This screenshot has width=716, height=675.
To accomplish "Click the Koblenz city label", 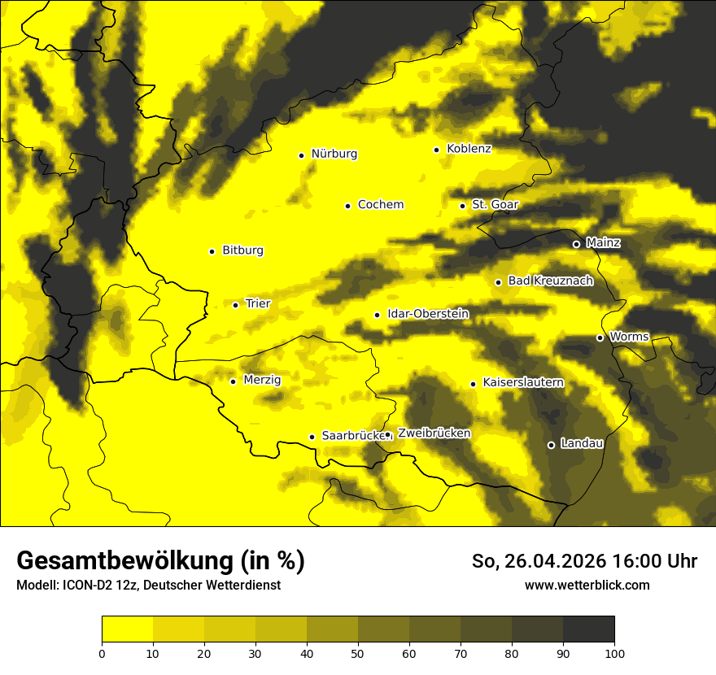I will coord(469,149).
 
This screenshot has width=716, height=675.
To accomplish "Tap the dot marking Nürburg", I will coord(301,155).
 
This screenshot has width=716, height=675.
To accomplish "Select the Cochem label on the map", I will coord(380,205).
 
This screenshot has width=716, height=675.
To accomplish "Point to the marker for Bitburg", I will coord(212,251).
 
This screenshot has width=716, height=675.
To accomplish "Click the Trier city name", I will coord(258,304).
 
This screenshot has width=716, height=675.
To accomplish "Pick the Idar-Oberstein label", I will coord(428,314).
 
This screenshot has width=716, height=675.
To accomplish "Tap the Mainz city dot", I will coord(576,244).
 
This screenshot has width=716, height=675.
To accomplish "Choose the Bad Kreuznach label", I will coord(550,281).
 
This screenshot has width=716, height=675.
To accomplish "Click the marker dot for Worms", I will coord(600,337).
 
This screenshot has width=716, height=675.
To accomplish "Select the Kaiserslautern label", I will coord(522,382).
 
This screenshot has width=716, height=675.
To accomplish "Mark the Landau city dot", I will coord(551,445).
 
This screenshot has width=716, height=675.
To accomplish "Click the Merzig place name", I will coord(262,380).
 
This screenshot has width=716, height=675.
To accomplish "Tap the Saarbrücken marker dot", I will coord(312,437).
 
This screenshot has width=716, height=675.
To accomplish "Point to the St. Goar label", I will coord(495,205).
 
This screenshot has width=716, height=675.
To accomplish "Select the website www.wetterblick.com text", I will coord(587,586).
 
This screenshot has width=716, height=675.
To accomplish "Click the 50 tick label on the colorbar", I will coord(358,652).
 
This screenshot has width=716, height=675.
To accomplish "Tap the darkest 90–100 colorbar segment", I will coord(588,629).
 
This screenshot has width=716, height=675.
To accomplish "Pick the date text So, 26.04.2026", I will coord(540,561).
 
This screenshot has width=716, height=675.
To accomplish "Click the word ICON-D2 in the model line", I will coord(85,586).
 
